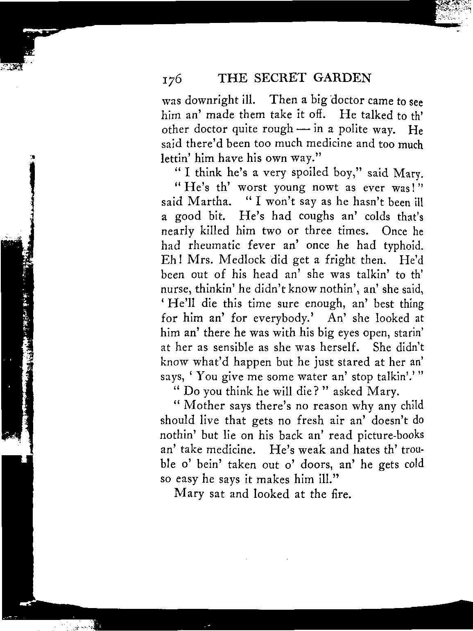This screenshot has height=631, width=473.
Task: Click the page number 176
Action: click(172, 79)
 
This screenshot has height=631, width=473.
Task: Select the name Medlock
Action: click(244, 260)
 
